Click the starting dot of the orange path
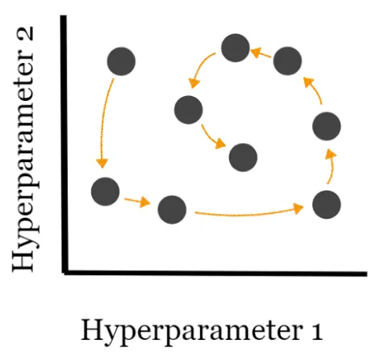[121, 61]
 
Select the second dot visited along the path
[105, 191]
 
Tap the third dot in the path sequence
[172, 210]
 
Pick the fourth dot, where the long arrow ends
[327, 205]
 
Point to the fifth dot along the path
[327, 126]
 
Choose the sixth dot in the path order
[287, 61]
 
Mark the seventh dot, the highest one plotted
[236, 48]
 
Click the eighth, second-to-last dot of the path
[188, 110]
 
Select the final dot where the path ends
[243, 157]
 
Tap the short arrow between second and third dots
[137, 201]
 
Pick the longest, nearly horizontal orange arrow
[248, 215]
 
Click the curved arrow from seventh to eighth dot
[199, 66]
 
